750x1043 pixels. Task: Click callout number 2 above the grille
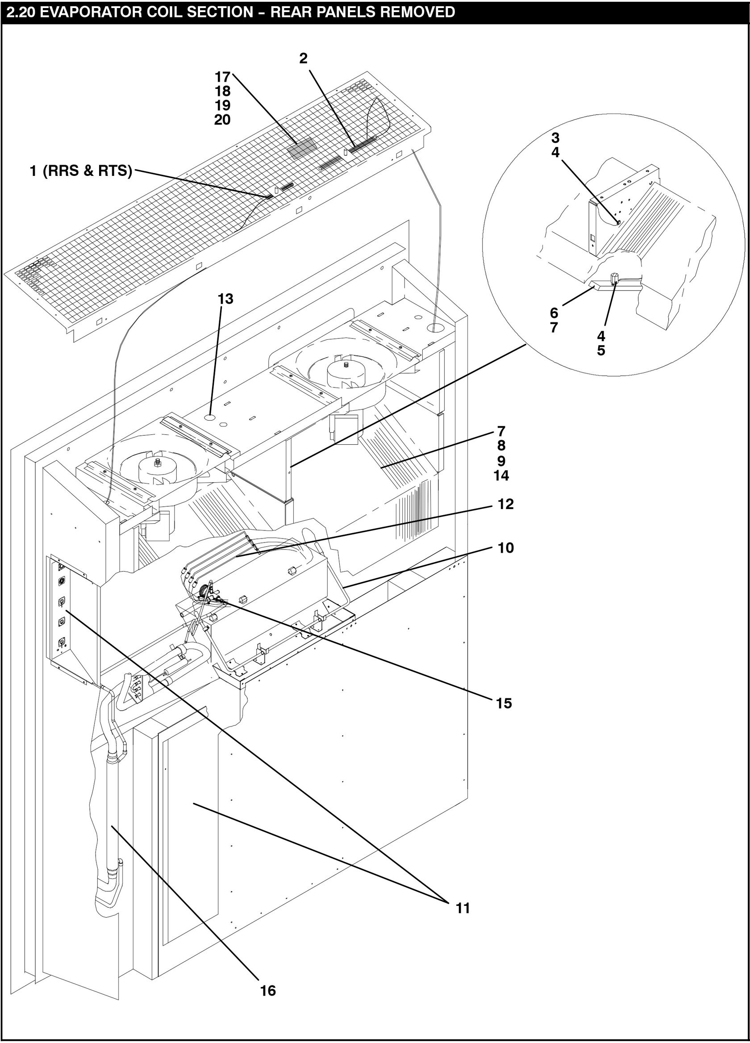303,58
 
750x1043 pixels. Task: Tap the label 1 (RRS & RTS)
81,171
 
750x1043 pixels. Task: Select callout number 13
226,299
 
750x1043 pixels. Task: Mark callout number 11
463,908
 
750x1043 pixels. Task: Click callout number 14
501,476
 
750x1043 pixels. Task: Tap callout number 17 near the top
223,77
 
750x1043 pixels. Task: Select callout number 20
223,120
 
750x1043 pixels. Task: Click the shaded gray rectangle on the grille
302,147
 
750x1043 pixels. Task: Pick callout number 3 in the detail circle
555,138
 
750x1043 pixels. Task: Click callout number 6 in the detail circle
554,313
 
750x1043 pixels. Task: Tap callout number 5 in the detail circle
601,350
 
